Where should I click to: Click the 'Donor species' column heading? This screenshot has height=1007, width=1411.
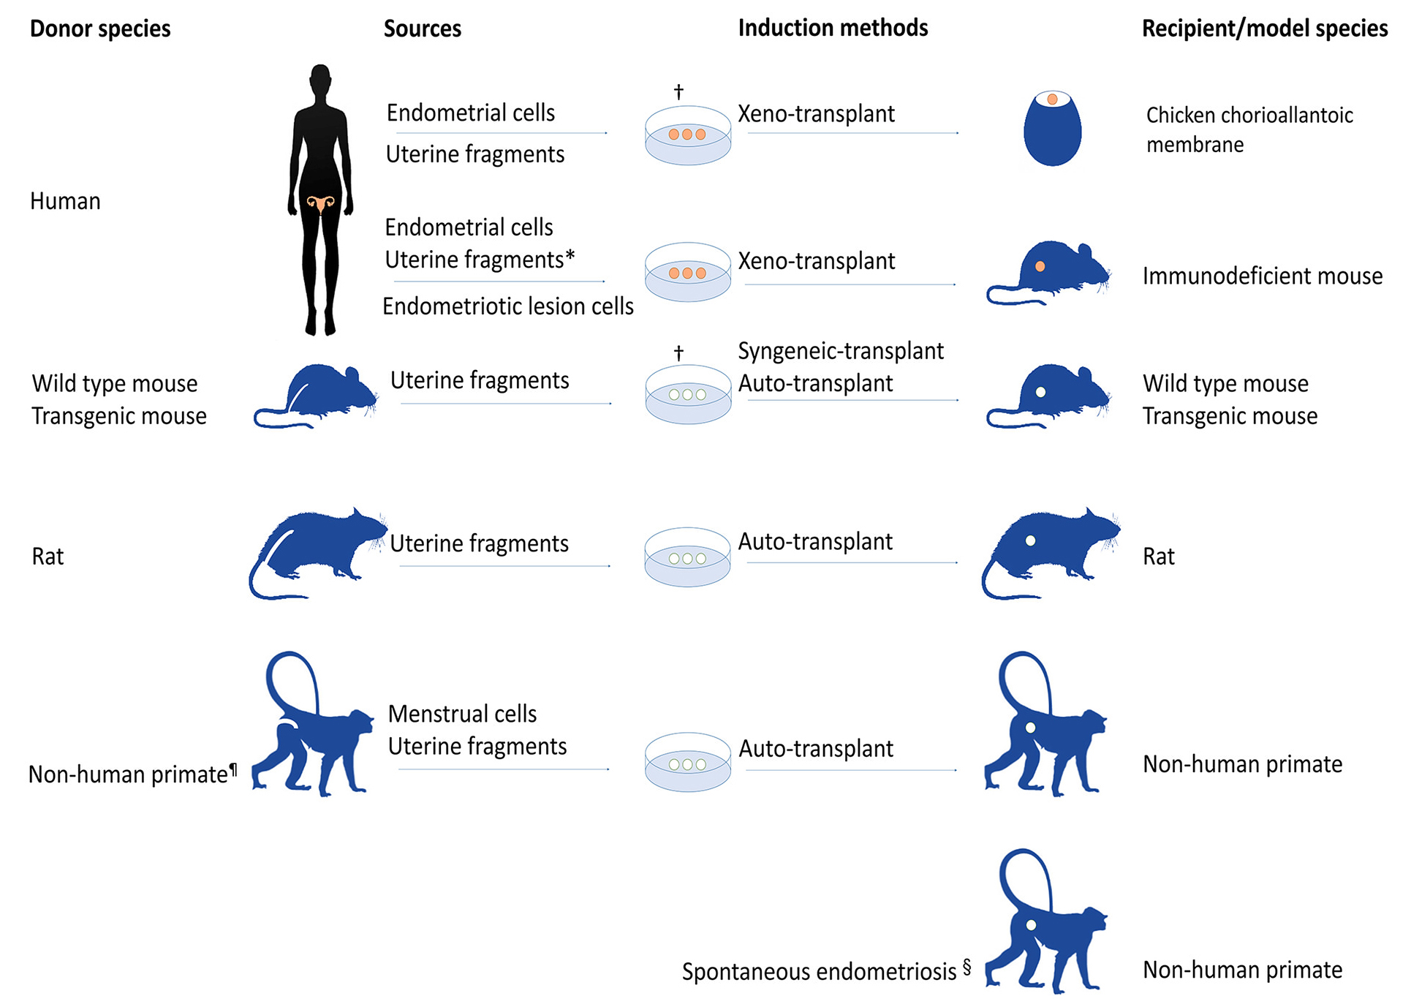pos(100,29)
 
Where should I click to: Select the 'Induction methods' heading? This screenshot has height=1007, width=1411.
pos(833,28)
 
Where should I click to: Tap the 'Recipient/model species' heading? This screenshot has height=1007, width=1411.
pos(1264,29)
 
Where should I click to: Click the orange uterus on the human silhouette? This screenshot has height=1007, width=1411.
pos(320,203)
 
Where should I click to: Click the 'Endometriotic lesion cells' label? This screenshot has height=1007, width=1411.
pos(508,306)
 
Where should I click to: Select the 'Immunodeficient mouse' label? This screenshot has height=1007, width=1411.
pos(1263,276)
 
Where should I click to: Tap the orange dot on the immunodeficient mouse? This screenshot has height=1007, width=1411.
pos(1040,267)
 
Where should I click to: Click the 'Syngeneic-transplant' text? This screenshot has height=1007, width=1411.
pos(841,351)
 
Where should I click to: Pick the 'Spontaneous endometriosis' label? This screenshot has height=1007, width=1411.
pos(819,972)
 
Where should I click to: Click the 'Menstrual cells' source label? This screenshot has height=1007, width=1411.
pos(462,714)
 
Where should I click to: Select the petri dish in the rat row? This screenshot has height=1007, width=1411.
pos(687,557)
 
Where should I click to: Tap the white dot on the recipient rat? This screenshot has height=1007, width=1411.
pos(1030,540)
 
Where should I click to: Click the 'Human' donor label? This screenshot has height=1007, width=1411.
pos(65,201)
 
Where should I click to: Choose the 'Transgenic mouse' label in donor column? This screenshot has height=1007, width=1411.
pos(119,416)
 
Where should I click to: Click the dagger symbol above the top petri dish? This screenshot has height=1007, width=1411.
pos(678,91)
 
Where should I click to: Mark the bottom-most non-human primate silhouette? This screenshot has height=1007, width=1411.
pos(1045,925)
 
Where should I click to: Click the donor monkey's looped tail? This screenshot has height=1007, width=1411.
pos(291,676)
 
